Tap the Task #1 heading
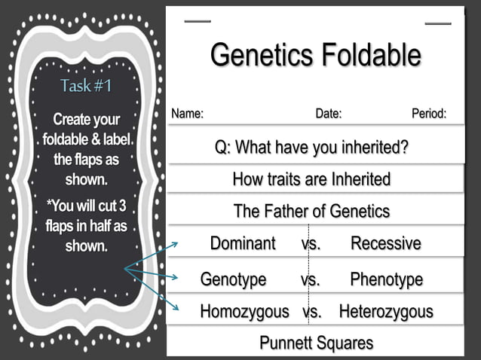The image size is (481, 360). pyautogui.click(x=86, y=86)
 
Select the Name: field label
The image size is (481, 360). pyautogui.click(x=188, y=114)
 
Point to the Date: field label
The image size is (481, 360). pyautogui.click(x=329, y=114)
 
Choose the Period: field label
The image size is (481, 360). pyautogui.click(x=429, y=114)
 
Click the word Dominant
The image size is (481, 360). pyautogui.click(x=243, y=243)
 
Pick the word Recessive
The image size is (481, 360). pyautogui.click(x=386, y=243)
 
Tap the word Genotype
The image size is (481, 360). pyautogui.click(x=233, y=279)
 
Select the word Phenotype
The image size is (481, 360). pyautogui.click(x=386, y=279)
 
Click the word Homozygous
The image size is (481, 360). pyautogui.click(x=244, y=311)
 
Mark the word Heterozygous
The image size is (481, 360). pyautogui.click(x=386, y=311)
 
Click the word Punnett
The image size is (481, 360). pyautogui.click(x=290, y=343)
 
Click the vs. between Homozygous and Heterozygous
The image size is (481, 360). pyautogui.click(x=312, y=311)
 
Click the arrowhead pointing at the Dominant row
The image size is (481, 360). pyautogui.click(x=175, y=243)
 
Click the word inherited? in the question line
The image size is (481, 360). pyautogui.click(x=370, y=147)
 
